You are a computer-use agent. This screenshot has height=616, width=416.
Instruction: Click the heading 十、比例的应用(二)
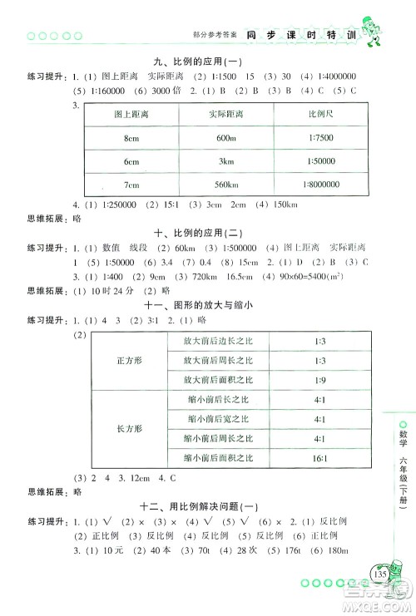click(x=205, y=234)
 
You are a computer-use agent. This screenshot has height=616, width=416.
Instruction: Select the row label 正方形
click(x=128, y=360)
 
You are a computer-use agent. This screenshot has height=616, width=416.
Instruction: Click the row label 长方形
click(x=128, y=428)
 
